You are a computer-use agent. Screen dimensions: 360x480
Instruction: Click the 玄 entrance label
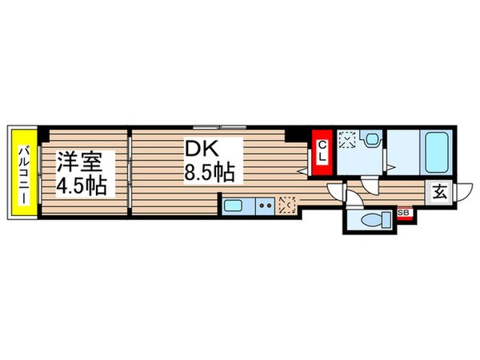(440, 192)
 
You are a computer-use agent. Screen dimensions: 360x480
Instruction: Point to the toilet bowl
(373, 219)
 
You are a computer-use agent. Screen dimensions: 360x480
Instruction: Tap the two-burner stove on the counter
(266, 206)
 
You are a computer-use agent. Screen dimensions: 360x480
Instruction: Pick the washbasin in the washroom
(373, 140)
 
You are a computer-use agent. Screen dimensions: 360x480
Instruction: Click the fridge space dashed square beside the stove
(288, 205)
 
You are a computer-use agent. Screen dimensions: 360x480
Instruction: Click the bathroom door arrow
(389, 166)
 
